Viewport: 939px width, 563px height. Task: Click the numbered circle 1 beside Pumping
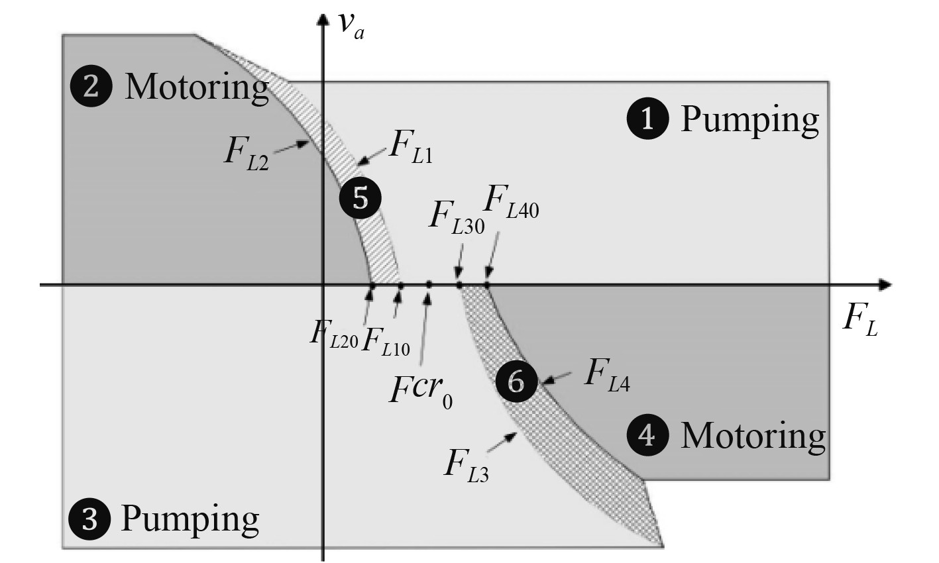click(647, 120)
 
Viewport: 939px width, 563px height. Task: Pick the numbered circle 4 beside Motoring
click(647, 435)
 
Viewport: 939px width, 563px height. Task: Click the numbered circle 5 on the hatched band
click(360, 197)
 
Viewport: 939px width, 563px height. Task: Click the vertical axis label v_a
click(351, 25)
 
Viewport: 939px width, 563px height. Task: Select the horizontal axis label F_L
click(860, 322)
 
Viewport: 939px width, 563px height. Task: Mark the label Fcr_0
click(421, 391)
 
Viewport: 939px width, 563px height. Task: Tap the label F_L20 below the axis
click(333, 333)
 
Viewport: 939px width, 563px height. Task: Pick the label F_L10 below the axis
click(386, 342)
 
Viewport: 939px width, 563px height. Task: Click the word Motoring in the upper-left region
click(197, 87)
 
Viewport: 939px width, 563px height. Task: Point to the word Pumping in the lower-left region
click(190, 519)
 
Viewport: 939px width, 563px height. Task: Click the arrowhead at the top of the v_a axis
click(323, 18)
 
